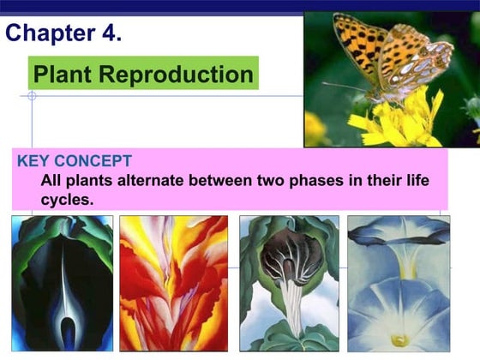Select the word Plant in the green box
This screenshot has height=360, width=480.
tap(62, 75)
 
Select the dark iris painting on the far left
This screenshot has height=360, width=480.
tap(62, 283)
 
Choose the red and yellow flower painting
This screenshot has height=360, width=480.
tap(174, 283)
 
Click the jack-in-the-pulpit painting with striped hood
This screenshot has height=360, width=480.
tap(289, 283)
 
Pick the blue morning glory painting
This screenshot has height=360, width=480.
tap(399, 283)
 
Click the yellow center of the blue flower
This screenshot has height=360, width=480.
tap(399, 339)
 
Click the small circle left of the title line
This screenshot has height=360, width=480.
tap(32, 96)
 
